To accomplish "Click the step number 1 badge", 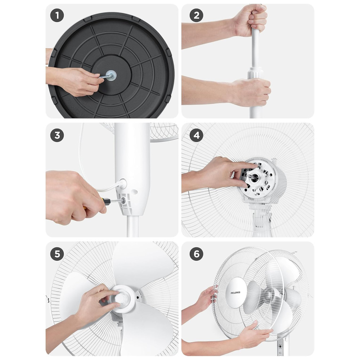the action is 57,15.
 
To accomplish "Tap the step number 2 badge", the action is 197,15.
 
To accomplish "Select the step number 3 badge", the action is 57,135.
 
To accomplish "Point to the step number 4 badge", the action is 197,135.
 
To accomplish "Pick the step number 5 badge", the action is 57,254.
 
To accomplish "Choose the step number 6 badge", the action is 197,254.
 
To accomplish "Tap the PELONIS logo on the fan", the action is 235,292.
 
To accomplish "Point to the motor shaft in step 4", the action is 251,177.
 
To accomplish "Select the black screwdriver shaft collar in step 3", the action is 106,201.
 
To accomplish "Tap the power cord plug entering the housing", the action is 122,184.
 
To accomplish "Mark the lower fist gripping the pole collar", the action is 251,92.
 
